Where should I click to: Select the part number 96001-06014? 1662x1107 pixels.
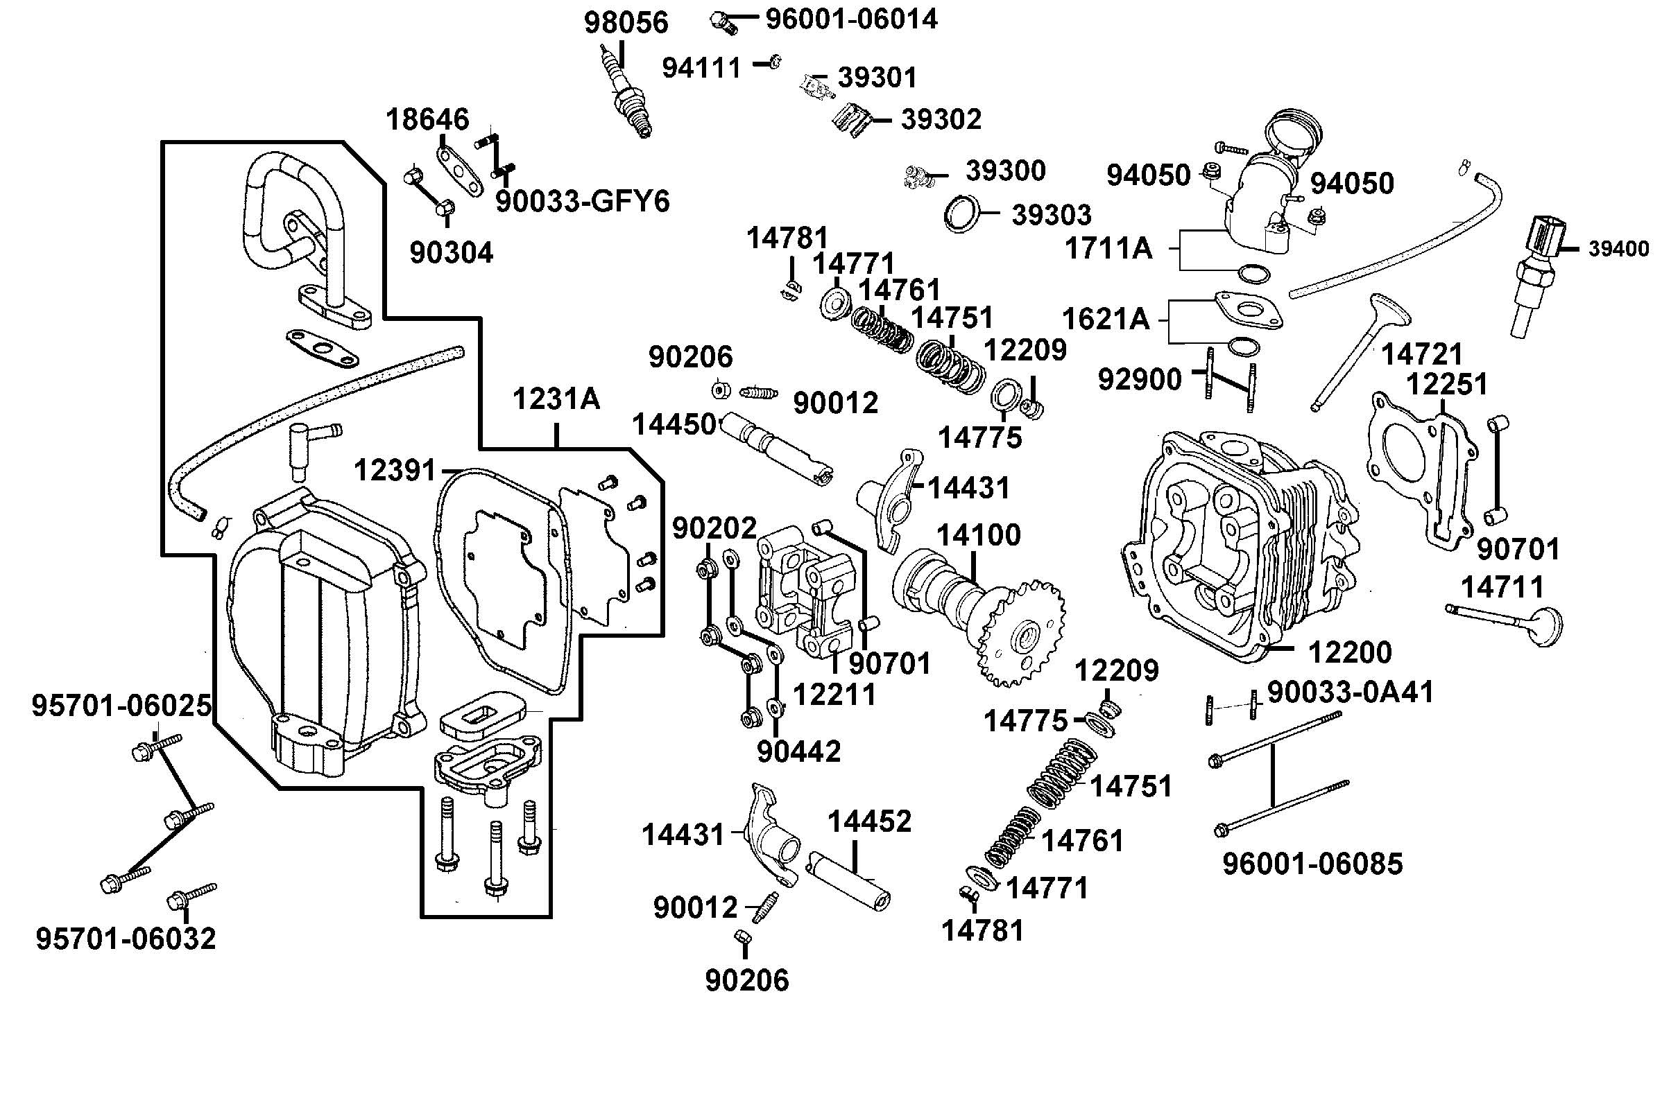852,18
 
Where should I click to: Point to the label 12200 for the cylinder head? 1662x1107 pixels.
1350,652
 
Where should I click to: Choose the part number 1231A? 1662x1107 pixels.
556,399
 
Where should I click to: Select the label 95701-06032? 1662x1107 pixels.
126,939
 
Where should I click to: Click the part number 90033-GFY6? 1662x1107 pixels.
582,201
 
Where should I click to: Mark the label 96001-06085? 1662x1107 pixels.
1312,864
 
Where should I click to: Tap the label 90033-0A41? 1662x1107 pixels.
1351,692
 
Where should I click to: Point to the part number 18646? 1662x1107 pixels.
427,119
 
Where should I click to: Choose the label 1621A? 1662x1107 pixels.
1106,319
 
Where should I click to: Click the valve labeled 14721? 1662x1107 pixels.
1360,349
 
